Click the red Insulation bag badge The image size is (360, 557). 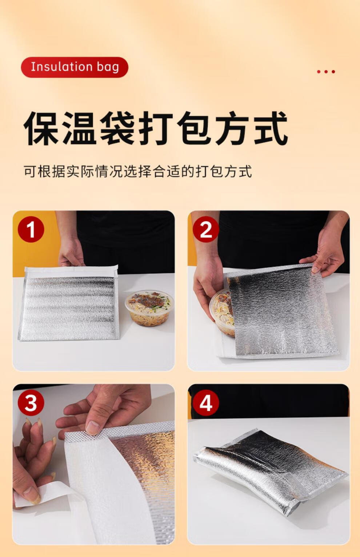75,67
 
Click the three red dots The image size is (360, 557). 326,72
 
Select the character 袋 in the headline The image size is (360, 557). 117,128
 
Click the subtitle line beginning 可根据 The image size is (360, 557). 138,171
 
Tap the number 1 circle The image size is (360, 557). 31,229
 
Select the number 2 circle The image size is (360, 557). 206,229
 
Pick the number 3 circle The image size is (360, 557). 31,403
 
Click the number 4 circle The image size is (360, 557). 206,403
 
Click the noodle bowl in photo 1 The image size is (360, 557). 149,308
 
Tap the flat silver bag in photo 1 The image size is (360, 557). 68,303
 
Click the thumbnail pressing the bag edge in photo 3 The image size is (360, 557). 92,427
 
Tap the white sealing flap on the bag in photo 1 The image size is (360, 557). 71,271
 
